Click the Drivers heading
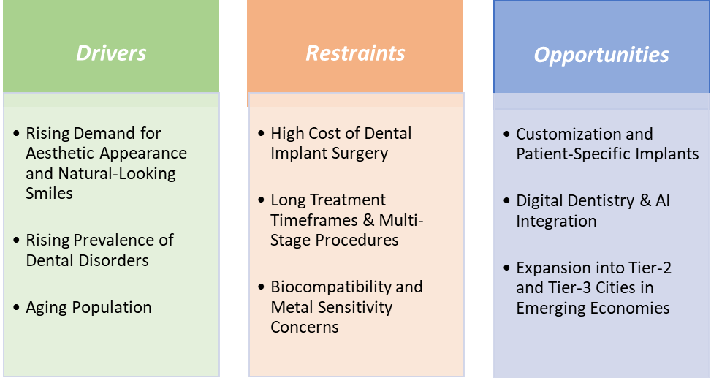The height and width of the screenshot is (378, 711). pos(111,53)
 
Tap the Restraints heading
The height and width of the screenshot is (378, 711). pos(355,53)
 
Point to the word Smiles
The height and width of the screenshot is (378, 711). pos(49,193)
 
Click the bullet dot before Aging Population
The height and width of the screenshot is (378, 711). pos(17,308)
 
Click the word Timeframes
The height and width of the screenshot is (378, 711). pos(314,220)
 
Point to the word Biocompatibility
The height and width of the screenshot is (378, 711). pos(330,287)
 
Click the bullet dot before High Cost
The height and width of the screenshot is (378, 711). pos(261,133)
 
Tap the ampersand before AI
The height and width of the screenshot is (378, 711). pos(645,200)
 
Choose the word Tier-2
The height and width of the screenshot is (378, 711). pos(650,268)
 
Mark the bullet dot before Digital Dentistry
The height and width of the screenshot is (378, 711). pos(506,200)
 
